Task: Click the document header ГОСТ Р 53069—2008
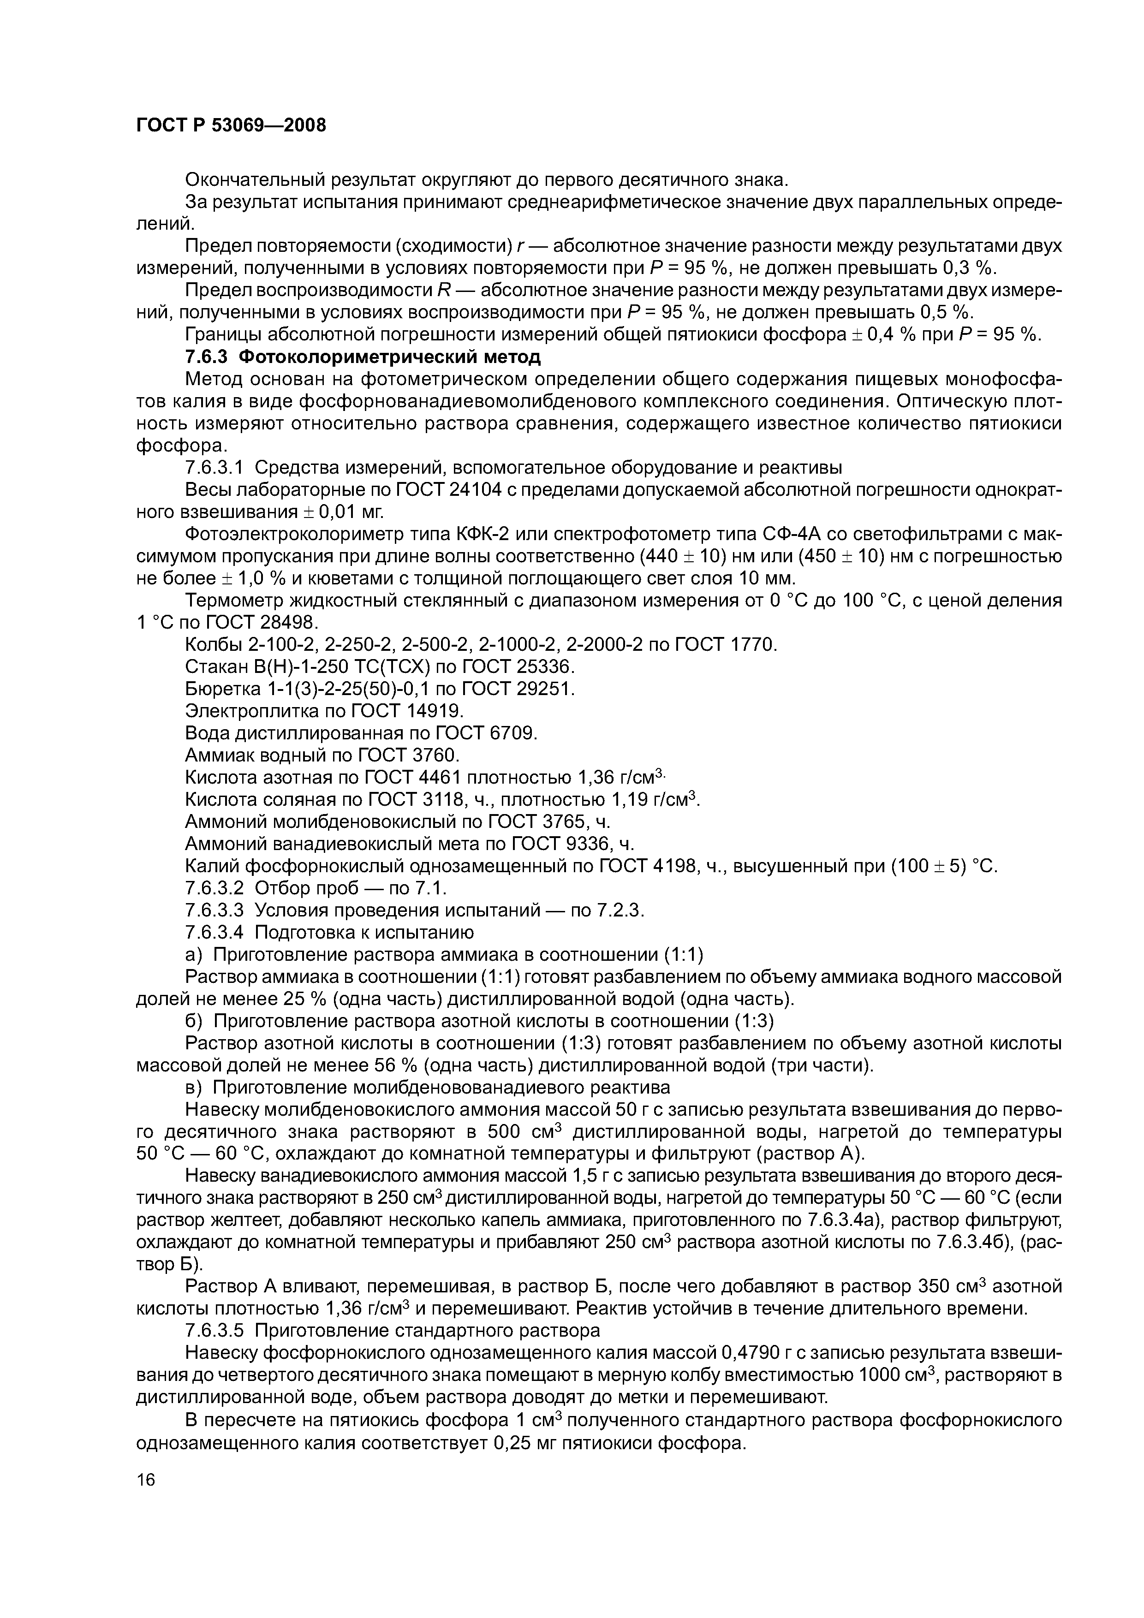(x=231, y=125)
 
